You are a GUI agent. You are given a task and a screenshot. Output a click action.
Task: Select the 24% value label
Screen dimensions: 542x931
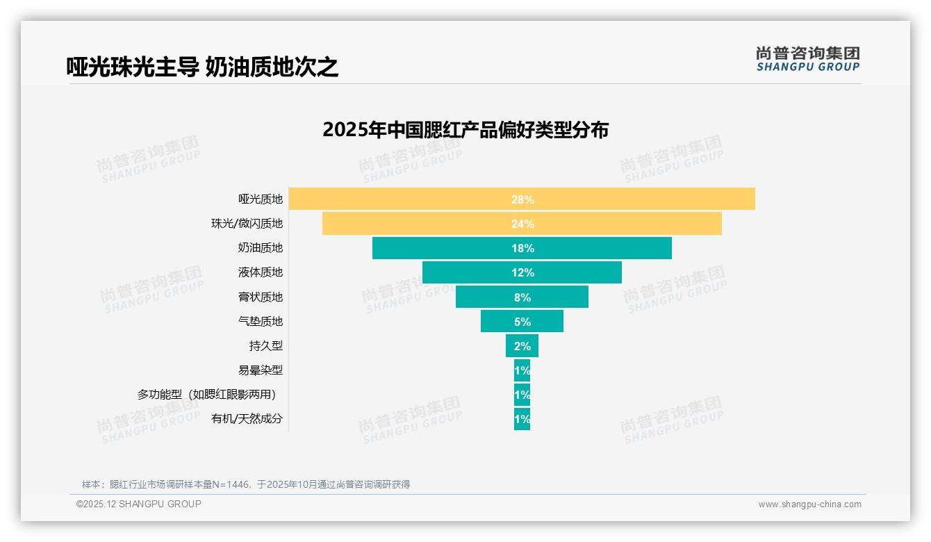[x=522, y=224]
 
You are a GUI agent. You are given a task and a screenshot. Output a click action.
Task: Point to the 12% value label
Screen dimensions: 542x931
[x=522, y=272]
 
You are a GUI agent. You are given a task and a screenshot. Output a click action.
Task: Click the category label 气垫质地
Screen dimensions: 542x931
[x=261, y=321]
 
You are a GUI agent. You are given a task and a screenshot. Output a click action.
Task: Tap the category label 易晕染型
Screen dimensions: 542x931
[x=261, y=370]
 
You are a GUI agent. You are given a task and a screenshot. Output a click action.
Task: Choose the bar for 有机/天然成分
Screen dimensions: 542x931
[x=522, y=419]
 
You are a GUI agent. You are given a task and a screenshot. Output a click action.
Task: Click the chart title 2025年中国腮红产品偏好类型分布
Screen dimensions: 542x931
[x=465, y=130]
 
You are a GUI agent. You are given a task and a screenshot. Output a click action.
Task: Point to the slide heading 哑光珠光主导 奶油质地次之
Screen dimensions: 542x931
[x=202, y=67]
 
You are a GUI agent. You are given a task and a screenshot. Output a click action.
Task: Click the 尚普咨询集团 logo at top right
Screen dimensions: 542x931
[x=807, y=58]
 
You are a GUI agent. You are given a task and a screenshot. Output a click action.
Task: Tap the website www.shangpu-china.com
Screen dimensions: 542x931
[x=809, y=504]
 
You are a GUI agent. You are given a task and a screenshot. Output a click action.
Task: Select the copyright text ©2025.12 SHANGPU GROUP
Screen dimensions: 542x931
[x=139, y=504]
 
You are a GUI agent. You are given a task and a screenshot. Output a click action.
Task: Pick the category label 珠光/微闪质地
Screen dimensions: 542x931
[x=247, y=224]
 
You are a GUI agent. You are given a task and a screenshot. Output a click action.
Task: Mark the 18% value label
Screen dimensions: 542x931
[x=522, y=248]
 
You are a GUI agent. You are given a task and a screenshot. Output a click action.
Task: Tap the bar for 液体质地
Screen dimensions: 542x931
[x=459, y=272]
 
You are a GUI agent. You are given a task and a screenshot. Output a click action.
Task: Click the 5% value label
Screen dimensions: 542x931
[x=522, y=322]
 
